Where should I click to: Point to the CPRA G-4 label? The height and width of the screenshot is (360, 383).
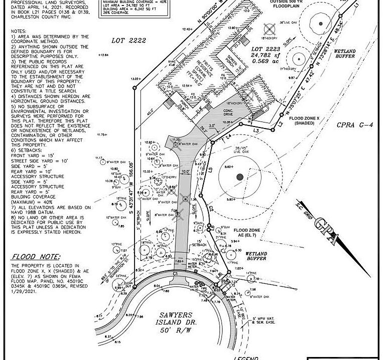coord(354,125)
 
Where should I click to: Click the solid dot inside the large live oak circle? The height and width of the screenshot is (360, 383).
coord(239,176)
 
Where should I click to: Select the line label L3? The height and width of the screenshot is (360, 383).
coord(256,130)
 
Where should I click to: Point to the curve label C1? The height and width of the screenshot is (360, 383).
coord(175,274)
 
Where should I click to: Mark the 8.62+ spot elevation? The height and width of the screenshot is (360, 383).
coord(229,167)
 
